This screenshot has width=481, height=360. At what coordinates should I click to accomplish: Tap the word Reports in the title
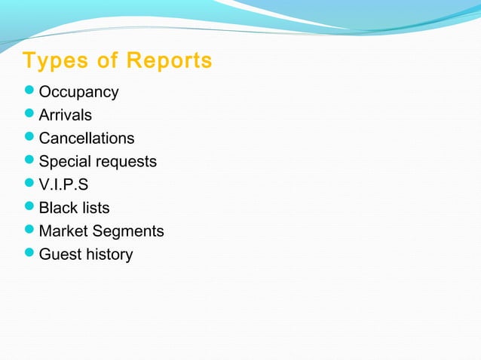tap(169, 61)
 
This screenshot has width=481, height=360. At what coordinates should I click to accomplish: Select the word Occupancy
tap(78, 93)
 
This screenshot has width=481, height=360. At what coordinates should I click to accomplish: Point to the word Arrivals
tap(66, 116)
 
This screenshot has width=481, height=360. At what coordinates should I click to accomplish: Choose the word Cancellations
tap(87, 139)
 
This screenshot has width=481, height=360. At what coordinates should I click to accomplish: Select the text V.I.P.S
tap(63, 185)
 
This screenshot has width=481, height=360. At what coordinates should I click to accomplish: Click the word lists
tap(95, 208)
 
